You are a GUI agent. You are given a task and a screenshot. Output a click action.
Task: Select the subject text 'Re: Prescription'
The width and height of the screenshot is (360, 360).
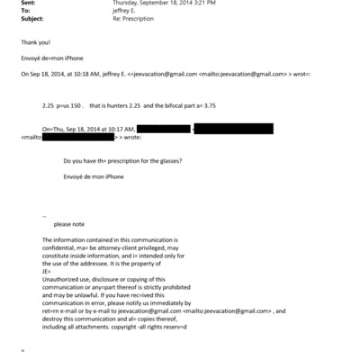[x=132, y=20]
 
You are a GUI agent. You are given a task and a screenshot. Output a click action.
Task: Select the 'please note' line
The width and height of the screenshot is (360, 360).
[x=69, y=224]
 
